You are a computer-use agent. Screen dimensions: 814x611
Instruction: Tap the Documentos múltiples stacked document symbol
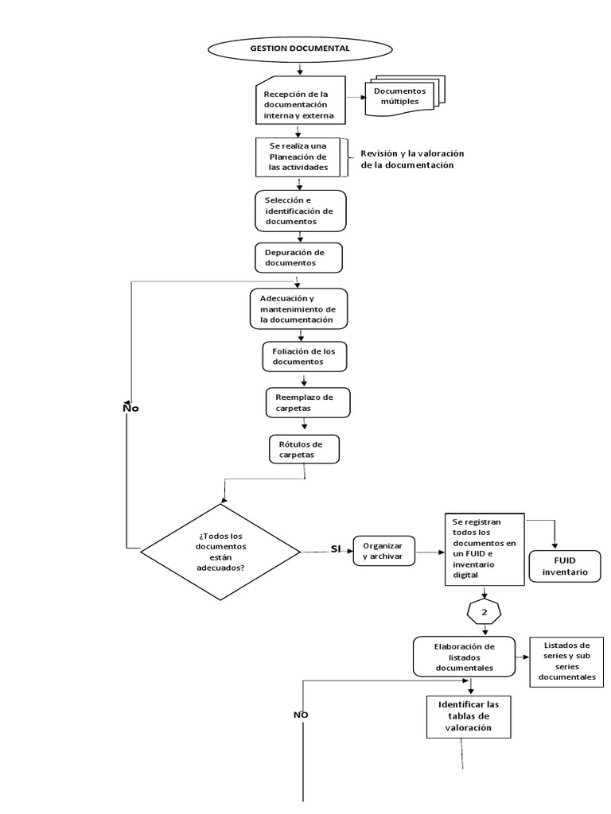405,97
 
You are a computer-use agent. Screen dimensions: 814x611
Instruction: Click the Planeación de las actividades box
298,157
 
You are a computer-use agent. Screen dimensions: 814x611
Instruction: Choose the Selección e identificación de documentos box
300,211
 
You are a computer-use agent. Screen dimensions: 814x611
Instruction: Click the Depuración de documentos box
298,258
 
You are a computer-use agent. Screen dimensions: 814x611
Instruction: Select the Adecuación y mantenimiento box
298,309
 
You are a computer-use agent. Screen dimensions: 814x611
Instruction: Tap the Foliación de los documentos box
305,356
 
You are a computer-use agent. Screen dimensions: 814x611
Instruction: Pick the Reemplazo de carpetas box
307,402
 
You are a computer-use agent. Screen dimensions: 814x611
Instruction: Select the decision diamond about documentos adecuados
220,552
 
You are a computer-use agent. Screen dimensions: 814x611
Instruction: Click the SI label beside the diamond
335,549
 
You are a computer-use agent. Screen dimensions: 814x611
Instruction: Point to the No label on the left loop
130,407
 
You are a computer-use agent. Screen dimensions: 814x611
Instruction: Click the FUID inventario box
565,565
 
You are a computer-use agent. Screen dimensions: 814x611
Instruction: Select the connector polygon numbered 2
483,613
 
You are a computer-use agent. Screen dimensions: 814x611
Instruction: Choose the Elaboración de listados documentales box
465,657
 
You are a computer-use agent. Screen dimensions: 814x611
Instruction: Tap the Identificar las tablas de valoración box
469,715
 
